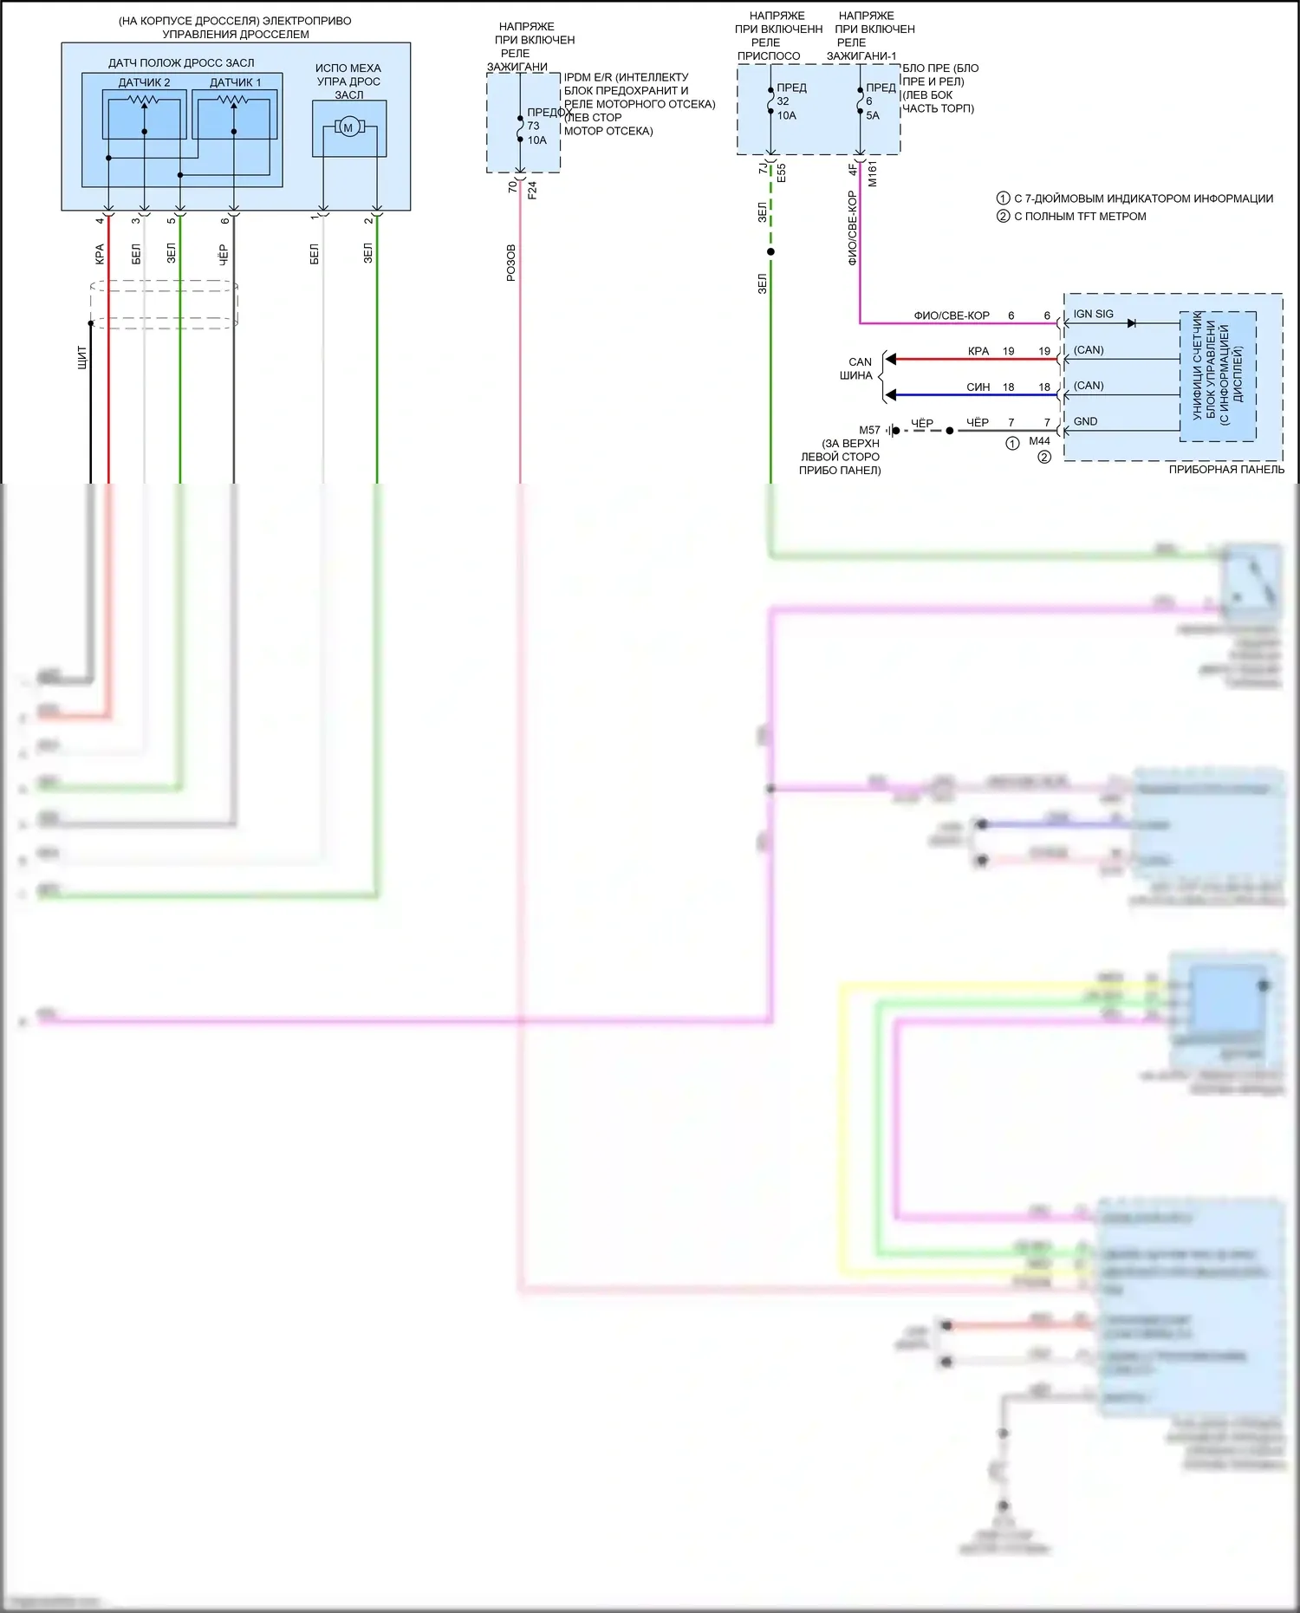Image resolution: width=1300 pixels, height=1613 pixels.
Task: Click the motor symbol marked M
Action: click(348, 128)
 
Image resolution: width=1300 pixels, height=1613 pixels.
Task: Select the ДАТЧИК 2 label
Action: click(144, 82)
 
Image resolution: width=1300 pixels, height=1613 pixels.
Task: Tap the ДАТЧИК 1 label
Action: click(235, 82)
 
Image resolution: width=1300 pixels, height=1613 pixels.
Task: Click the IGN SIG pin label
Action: click(1093, 315)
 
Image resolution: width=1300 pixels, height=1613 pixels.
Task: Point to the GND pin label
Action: click(1085, 422)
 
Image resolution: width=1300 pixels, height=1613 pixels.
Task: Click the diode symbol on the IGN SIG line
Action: click(1131, 323)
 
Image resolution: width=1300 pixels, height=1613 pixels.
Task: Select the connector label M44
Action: click(1039, 441)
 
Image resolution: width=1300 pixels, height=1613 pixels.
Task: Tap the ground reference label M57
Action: click(869, 431)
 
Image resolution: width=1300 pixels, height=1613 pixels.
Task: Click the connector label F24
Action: click(532, 190)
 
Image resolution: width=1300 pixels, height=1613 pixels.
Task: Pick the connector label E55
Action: click(782, 172)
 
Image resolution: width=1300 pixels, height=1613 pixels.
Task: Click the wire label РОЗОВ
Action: click(511, 263)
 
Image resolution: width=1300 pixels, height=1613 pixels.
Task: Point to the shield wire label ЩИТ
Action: click(82, 357)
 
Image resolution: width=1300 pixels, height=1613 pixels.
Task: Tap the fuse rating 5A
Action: click(873, 115)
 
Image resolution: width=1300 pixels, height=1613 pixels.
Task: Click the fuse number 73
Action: click(533, 126)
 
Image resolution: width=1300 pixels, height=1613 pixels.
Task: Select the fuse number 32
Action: click(783, 101)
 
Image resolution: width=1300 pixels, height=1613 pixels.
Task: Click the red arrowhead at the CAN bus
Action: click(890, 359)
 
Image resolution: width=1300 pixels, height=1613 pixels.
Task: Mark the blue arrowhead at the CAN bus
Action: click(890, 395)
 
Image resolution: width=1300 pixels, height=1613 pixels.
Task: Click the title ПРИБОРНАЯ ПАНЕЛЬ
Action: click(1226, 470)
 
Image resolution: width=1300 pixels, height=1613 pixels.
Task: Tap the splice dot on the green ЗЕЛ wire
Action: click(770, 252)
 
